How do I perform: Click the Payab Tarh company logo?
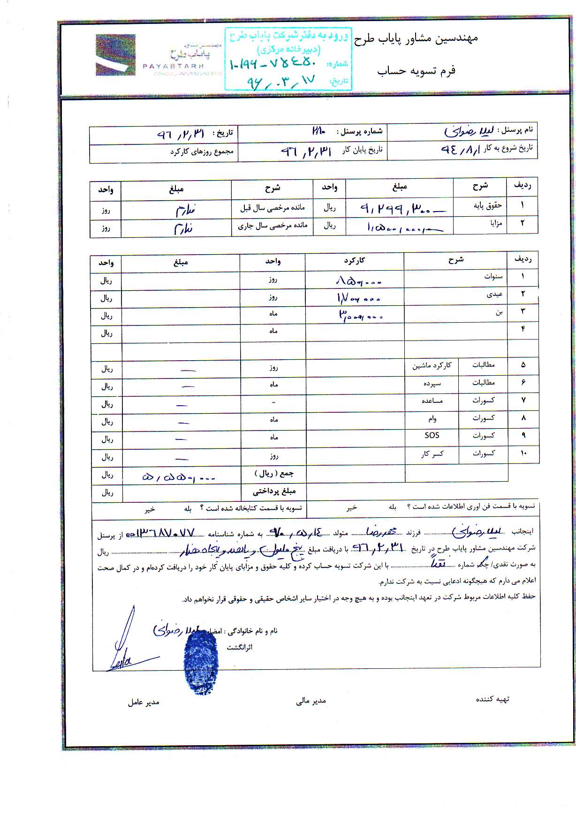point(115,55)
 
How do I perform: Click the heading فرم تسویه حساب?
point(417,71)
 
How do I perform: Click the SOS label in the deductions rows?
point(432,435)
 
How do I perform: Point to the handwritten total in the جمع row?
point(179,477)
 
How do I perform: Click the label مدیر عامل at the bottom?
point(143,702)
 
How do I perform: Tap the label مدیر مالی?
point(311,701)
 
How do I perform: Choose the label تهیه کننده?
point(493,699)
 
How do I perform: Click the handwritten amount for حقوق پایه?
point(399,208)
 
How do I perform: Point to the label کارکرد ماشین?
point(432,365)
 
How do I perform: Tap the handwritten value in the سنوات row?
point(359,281)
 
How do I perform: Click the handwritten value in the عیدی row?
point(358,298)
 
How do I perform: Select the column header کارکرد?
point(354,260)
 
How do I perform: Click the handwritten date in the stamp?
point(281,80)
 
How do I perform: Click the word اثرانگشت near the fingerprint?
point(240,647)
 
